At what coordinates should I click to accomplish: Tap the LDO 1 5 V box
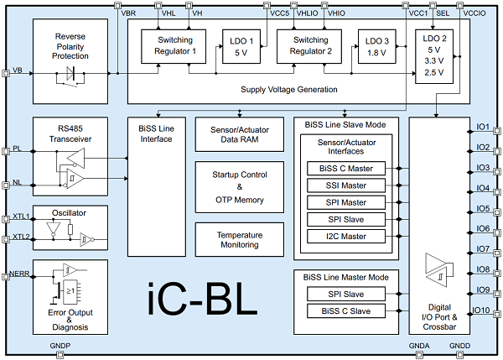pyautogui.click(x=241, y=45)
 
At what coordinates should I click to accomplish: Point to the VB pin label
pyautogui.click(x=18, y=70)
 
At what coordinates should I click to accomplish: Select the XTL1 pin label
pyautogui.click(x=20, y=217)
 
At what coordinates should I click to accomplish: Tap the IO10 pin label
pyautogui.click(x=481, y=310)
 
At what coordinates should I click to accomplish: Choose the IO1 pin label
pyautogui.click(x=482, y=128)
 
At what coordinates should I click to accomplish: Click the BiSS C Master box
pyautogui.click(x=346, y=168)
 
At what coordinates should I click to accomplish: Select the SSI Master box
pyautogui.click(x=346, y=185)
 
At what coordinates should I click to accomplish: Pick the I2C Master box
pyautogui.click(x=346, y=236)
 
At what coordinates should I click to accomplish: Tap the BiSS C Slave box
pyautogui.click(x=346, y=311)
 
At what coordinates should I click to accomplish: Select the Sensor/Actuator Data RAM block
pyautogui.click(x=239, y=133)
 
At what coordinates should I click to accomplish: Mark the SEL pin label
pyautogui.click(x=443, y=13)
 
